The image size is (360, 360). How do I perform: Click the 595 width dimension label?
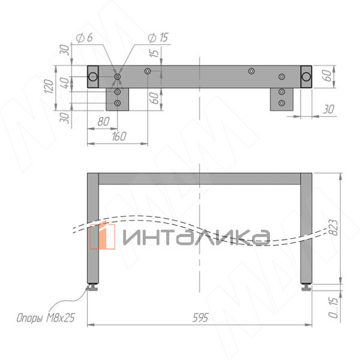(200, 318)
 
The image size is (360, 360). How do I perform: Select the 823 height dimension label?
(334, 227)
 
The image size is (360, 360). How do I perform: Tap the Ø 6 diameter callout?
(84, 38)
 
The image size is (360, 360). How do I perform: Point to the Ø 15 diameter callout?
(158, 38)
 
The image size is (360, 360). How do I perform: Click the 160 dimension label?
(119, 136)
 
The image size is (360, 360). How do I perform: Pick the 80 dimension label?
(103, 121)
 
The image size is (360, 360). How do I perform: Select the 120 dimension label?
(49, 86)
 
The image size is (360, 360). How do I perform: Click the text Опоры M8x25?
(46, 318)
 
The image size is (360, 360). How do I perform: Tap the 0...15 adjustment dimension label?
(334, 308)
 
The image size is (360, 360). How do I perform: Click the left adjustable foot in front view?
(93, 287)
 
